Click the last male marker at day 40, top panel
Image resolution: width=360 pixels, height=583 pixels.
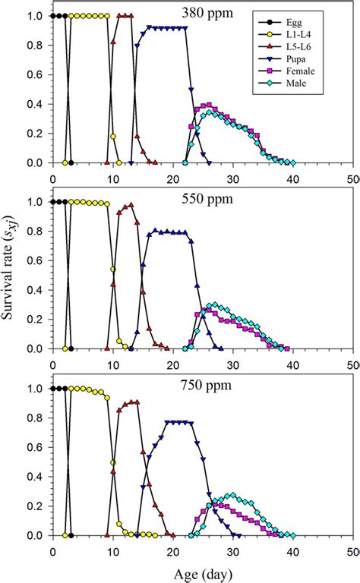point(293,162)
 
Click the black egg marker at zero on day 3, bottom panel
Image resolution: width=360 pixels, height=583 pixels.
point(71,535)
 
